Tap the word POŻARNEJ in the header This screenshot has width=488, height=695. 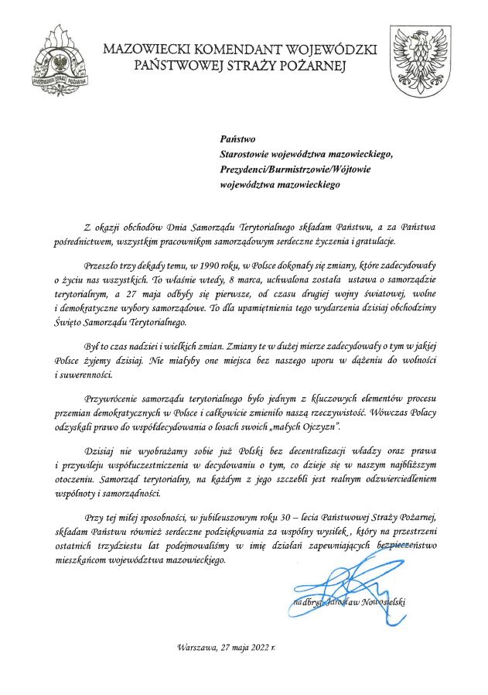coord(312,67)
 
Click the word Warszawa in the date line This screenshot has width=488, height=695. coord(197,645)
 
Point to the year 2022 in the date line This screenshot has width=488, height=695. coord(262,645)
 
